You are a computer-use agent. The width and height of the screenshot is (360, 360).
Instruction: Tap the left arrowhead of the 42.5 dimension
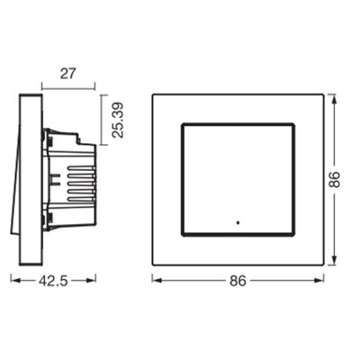tap(13, 280)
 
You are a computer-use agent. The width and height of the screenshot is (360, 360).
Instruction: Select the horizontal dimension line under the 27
tap(67, 88)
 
